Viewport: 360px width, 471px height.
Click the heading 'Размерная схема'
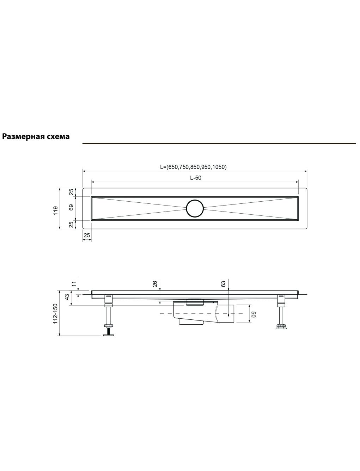pyautogui.click(x=36, y=136)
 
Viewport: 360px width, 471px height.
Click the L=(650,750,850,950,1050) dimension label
pyautogui.click(x=193, y=167)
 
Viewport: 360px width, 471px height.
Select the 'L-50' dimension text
pyautogui.click(x=195, y=178)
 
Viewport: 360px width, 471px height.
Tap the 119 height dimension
pyautogui.click(x=56, y=210)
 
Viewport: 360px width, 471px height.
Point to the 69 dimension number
pyautogui.click(x=71, y=207)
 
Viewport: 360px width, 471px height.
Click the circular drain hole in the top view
pyautogui.click(x=195, y=208)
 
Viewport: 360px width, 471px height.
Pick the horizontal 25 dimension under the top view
pyautogui.click(x=87, y=235)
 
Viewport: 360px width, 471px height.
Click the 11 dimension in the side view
pyautogui.click(x=74, y=284)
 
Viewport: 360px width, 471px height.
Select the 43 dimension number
pyautogui.click(x=67, y=297)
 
